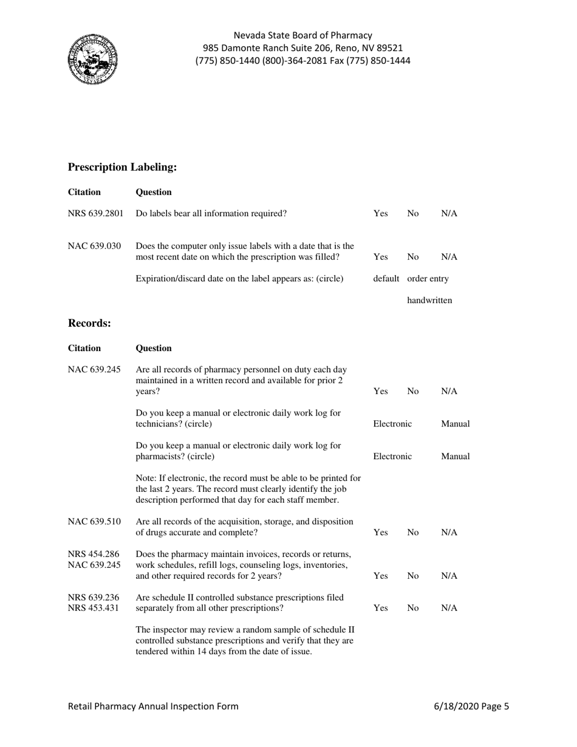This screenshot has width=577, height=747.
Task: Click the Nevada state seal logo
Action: [x=92, y=60]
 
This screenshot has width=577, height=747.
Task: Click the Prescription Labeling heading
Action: [x=122, y=166]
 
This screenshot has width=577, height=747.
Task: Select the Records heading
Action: [x=89, y=323]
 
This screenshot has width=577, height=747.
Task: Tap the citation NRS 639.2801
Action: [x=95, y=213]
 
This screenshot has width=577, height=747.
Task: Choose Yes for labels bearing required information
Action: [x=380, y=213]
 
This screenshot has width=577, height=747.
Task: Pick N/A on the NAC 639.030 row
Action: [x=449, y=257]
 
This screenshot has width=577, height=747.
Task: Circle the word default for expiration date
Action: [x=386, y=279]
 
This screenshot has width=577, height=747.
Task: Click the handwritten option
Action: [x=429, y=300]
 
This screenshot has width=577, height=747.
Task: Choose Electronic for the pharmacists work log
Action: [x=392, y=456]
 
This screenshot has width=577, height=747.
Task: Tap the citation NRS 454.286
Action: [x=94, y=554]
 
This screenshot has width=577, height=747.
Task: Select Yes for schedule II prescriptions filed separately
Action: [x=380, y=608]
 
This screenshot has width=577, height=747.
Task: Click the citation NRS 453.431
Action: [x=94, y=608]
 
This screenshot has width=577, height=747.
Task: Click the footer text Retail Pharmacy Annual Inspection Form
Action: [x=153, y=706]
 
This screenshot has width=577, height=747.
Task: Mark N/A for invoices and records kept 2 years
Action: [x=449, y=576]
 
